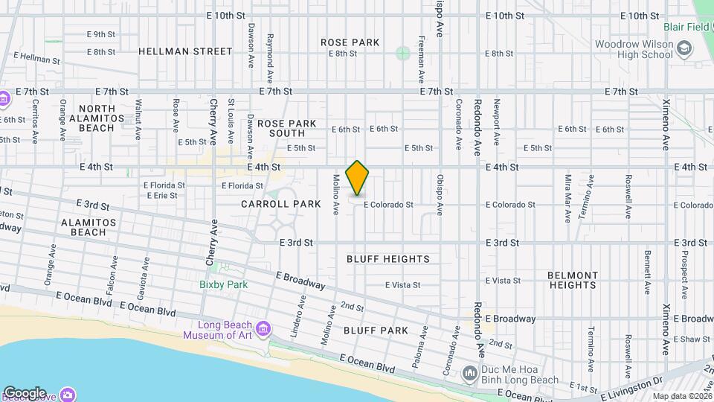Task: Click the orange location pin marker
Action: point(358,178)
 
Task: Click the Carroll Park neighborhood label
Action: point(281,204)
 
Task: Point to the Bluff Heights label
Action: point(388,259)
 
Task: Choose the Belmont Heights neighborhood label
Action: point(573,280)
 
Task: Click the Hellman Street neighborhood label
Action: point(185,51)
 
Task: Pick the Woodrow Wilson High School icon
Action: point(684,49)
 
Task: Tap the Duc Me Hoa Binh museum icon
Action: point(470,371)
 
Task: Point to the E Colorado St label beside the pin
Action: point(387,205)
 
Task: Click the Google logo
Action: point(25,393)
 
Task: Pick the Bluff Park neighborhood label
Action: point(376,330)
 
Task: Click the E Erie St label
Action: point(161,196)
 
